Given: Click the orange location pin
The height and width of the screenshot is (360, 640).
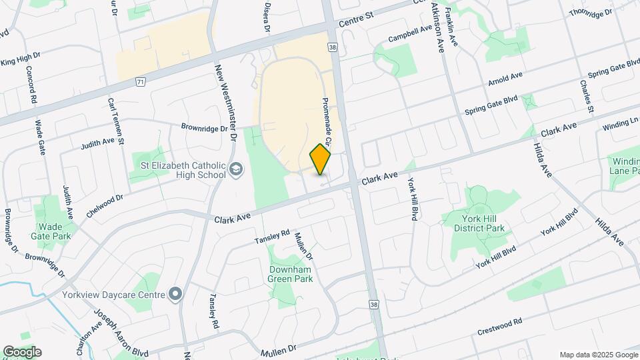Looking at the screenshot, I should [321, 159].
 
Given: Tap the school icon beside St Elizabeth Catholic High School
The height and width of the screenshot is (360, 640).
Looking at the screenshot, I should [236, 170].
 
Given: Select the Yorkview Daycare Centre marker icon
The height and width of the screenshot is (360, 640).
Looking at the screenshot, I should [175, 294].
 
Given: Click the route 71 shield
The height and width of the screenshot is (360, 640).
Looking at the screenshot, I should [139, 81].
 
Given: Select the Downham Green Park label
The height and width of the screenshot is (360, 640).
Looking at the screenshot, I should [290, 275].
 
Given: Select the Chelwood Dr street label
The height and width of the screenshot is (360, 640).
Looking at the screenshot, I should [105, 206].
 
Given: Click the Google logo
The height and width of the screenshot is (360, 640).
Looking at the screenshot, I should [21, 352].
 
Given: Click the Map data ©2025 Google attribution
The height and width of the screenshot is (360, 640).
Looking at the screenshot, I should [597, 355].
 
